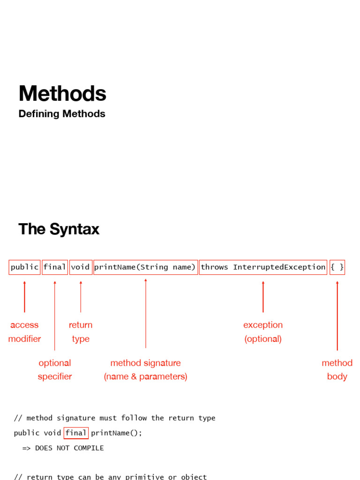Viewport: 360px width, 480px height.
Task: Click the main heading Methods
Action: pyautogui.click(x=62, y=94)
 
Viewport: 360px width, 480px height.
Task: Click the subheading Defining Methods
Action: pyautogui.click(x=62, y=114)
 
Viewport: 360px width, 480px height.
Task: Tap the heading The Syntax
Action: pyautogui.click(x=59, y=229)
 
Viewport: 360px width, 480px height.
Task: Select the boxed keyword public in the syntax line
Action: pyautogui.click(x=24, y=267)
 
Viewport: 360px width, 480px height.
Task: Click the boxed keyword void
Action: pyautogui.click(x=80, y=267)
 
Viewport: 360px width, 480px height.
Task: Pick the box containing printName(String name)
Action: pyautogui.click(x=145, y=267)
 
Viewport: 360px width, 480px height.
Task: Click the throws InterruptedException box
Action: pyautogui.click(x=263, y=267)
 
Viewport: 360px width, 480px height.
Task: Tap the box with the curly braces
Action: pyautogui.click(x=337, y=267)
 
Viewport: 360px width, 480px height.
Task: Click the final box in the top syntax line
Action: pyautogui.click(x=55, y=267)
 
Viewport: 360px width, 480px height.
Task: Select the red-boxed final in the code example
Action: pyautogui.click(x=76, y=433)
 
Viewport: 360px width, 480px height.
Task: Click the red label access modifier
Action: pyautogui.click(x=24, y=332)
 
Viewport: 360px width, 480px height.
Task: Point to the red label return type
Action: pyautogui.click(x=81, y=332)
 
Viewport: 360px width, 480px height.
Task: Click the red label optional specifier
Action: pyautogui.click(x=55, y=369)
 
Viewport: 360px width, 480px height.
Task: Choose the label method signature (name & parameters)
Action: pyautogui.click(x=145, y=369)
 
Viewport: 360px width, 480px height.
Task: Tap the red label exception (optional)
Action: pyautogui.click(x=263, y=332)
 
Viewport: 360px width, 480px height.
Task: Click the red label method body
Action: pyautogui.click(x=337, y=369)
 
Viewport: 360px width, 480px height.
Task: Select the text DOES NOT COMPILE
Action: pyautogui.click(x=69, y=448)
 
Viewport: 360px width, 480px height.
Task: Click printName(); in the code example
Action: pyautogui.click(x=116, y=433)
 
